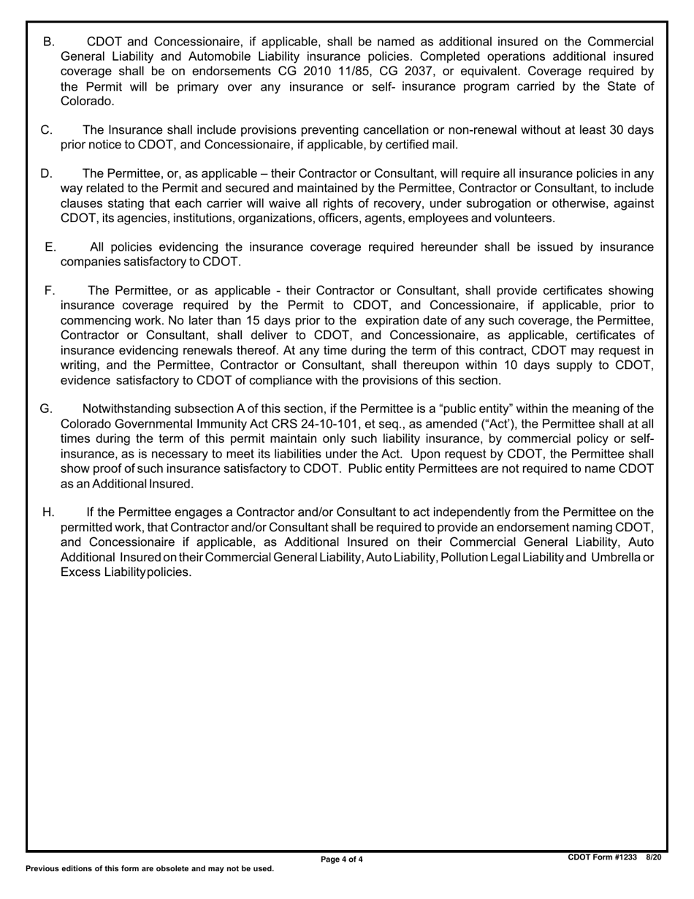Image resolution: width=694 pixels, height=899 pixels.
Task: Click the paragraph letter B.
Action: point(49,42)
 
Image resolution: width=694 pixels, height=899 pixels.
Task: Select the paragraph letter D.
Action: point(47,173)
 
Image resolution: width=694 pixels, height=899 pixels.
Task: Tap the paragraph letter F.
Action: point(50,290)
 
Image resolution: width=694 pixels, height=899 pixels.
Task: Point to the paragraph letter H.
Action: point(49,512)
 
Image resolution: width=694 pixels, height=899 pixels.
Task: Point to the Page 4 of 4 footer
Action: point(342,860)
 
